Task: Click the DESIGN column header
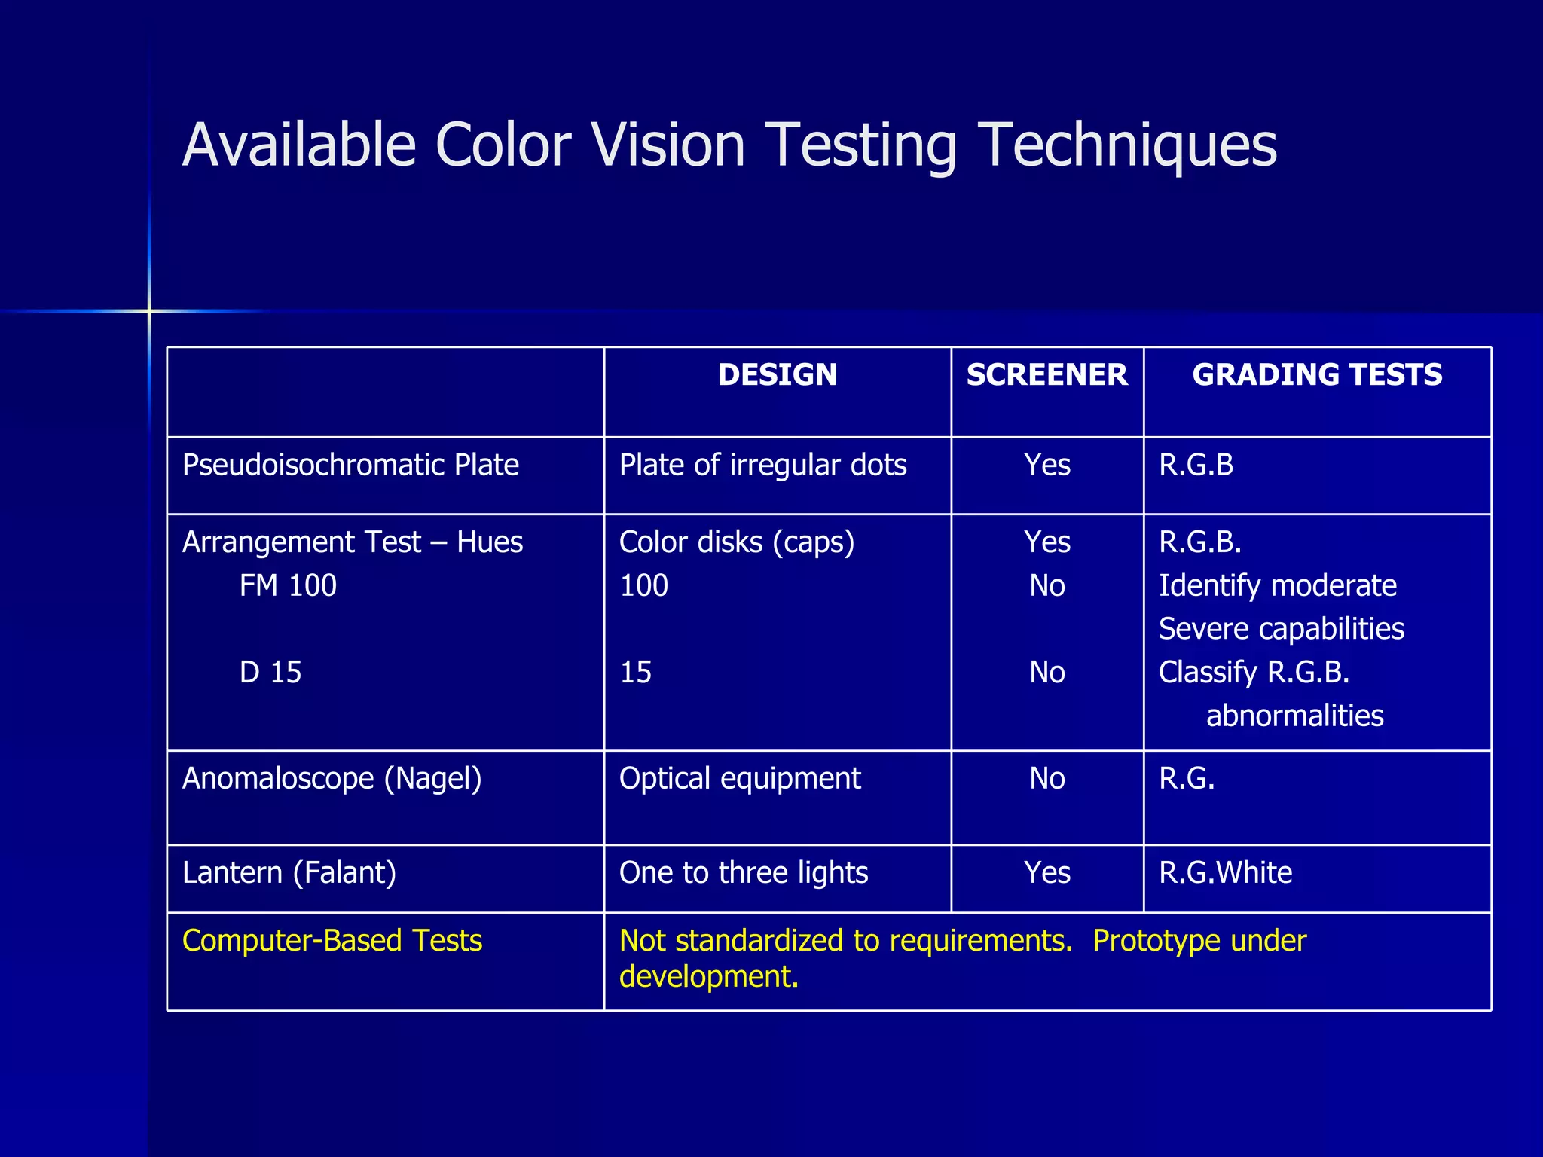(x=777, y=375)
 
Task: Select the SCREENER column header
(x=1046, y=375)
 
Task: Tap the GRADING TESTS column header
(x=1317, y=375)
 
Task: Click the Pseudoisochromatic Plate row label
(x=350, y=466)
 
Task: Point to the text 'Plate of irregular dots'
(x=762, y=466)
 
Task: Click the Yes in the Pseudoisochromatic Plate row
(x=1046, y=466)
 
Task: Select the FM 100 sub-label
(x=288, y=586)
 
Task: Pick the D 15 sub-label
(x=270, y=673)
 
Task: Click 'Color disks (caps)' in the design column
(x=737, y=542)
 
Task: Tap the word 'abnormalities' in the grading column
(x=1294, y=716)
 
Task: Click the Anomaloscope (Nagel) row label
(x=332, y=779)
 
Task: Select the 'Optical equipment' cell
(x=740, y=779)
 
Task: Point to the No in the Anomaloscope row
(x=1046, y=779)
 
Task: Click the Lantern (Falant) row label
(x=289, y=873)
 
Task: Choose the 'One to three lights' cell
(x=744, y=873)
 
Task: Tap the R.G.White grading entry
(x=1225, y=873)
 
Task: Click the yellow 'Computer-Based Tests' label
(x=332, y=941)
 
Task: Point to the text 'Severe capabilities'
(x=1281, y=629)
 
